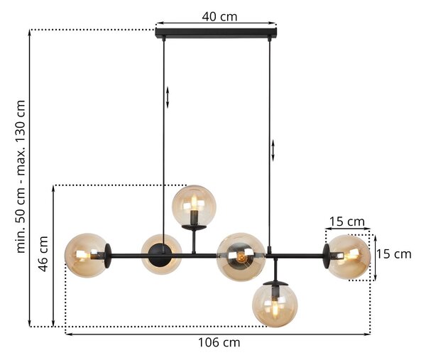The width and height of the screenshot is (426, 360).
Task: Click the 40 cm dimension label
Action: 219,16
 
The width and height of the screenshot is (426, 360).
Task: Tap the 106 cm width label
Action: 219,342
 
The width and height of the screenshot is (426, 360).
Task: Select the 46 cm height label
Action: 43,253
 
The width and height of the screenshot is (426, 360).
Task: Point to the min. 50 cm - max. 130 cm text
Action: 21,177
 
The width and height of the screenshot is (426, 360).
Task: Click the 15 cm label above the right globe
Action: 347,222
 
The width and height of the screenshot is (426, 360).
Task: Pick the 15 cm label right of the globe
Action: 393,254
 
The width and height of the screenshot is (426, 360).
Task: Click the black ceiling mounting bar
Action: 217,33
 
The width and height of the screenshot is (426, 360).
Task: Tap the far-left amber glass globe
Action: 86,255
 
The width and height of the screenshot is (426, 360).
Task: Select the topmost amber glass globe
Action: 195,206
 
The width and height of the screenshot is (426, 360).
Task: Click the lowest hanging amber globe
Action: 275,305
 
